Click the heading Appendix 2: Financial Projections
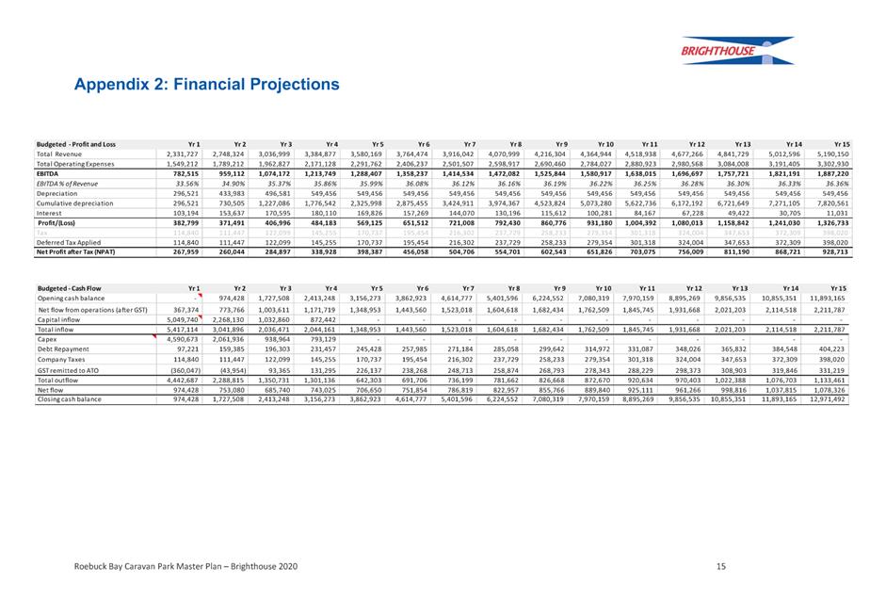207,84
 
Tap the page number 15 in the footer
720,566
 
